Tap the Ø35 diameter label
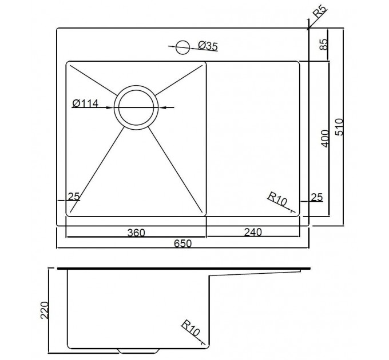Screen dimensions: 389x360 click(208, 46)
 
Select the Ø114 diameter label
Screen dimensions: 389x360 click(85, 103)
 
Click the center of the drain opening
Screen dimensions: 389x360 click(136, 107)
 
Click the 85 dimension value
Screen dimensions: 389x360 click(324, 45)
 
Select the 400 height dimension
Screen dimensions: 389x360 click(326, 138)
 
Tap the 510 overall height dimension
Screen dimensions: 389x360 click(339, 127)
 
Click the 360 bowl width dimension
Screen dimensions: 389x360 click(136, 233)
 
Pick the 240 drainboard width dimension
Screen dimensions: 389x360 click(253, 232)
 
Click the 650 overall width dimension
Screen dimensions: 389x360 click(183, 243)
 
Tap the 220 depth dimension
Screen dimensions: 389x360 click(45, 310)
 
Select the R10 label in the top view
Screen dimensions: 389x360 click(277, 199)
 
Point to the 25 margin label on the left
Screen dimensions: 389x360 click(74, 197)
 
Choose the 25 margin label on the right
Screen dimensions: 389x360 click(317, 198)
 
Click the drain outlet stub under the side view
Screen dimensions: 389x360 click(138, 351)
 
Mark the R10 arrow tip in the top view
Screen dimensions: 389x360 click(294, 212)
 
